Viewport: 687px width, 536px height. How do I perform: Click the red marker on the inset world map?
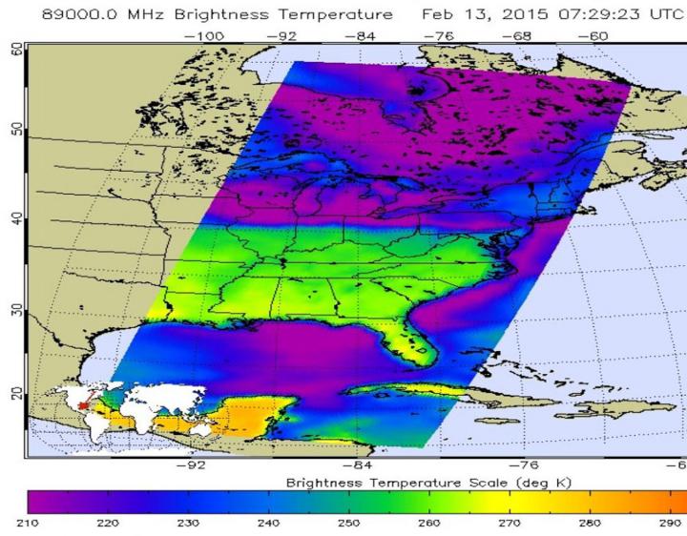tap(83, 405)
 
